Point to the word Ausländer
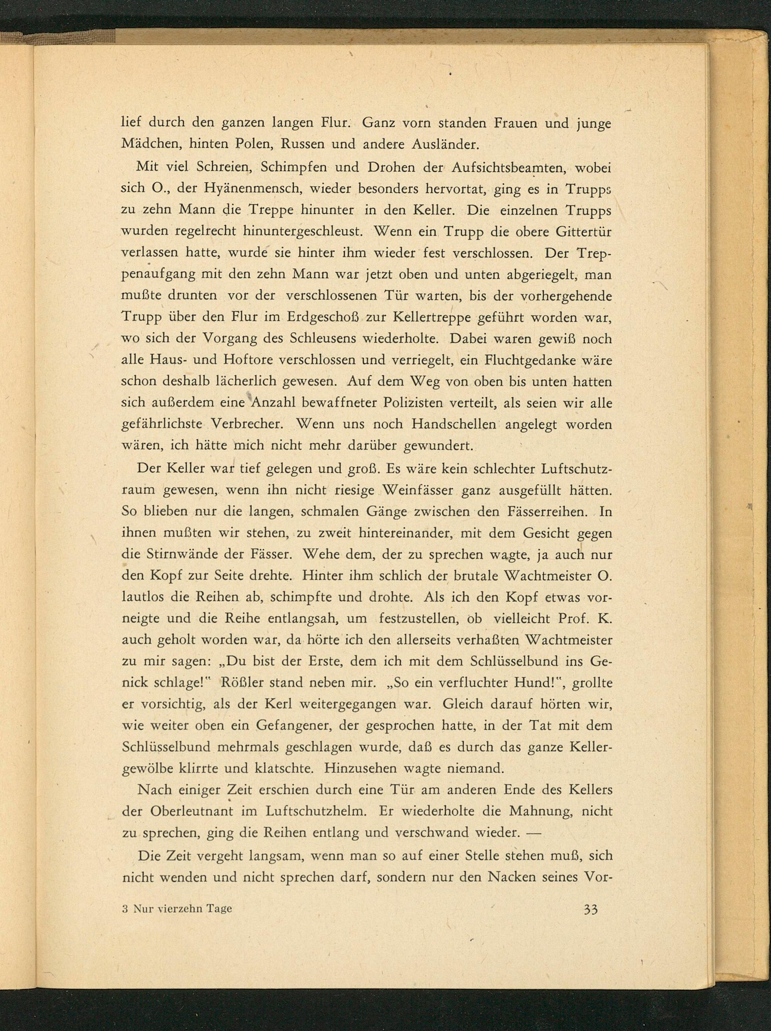(x=445, y=144)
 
